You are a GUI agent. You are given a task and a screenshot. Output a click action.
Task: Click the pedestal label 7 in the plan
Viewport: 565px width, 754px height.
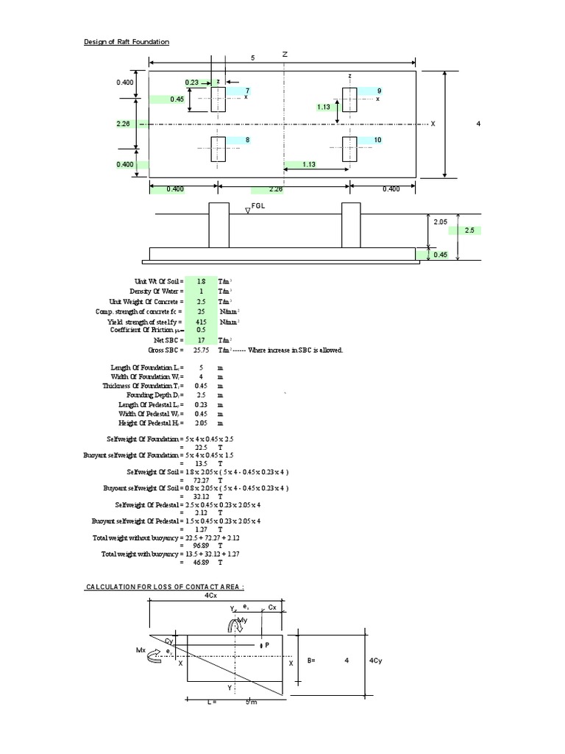(237, 91)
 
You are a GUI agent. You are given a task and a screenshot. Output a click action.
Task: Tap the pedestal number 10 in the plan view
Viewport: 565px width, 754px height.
(377, 139)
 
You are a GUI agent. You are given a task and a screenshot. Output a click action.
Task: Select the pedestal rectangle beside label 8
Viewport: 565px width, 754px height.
(218, 149)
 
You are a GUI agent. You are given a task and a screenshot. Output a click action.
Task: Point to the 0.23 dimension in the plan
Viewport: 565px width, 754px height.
(191, 82)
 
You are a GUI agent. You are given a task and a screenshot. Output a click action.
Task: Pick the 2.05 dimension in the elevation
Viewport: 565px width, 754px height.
(440, 221)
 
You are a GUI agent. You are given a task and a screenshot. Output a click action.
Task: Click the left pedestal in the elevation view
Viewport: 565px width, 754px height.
(218, 225)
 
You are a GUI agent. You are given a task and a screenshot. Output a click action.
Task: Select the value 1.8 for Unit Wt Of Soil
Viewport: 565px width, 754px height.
(201, 282)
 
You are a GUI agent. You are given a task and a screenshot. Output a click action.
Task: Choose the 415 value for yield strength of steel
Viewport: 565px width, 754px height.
(201, 322)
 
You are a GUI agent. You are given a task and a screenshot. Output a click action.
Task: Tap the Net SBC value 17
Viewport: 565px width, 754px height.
(201, 340)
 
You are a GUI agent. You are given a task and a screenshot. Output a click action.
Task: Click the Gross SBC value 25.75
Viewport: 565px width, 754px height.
(201, 350)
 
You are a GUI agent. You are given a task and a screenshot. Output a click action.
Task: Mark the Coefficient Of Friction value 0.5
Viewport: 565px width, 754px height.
(201, 331)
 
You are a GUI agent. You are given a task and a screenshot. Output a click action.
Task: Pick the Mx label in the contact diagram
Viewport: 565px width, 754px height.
(141, 650)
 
